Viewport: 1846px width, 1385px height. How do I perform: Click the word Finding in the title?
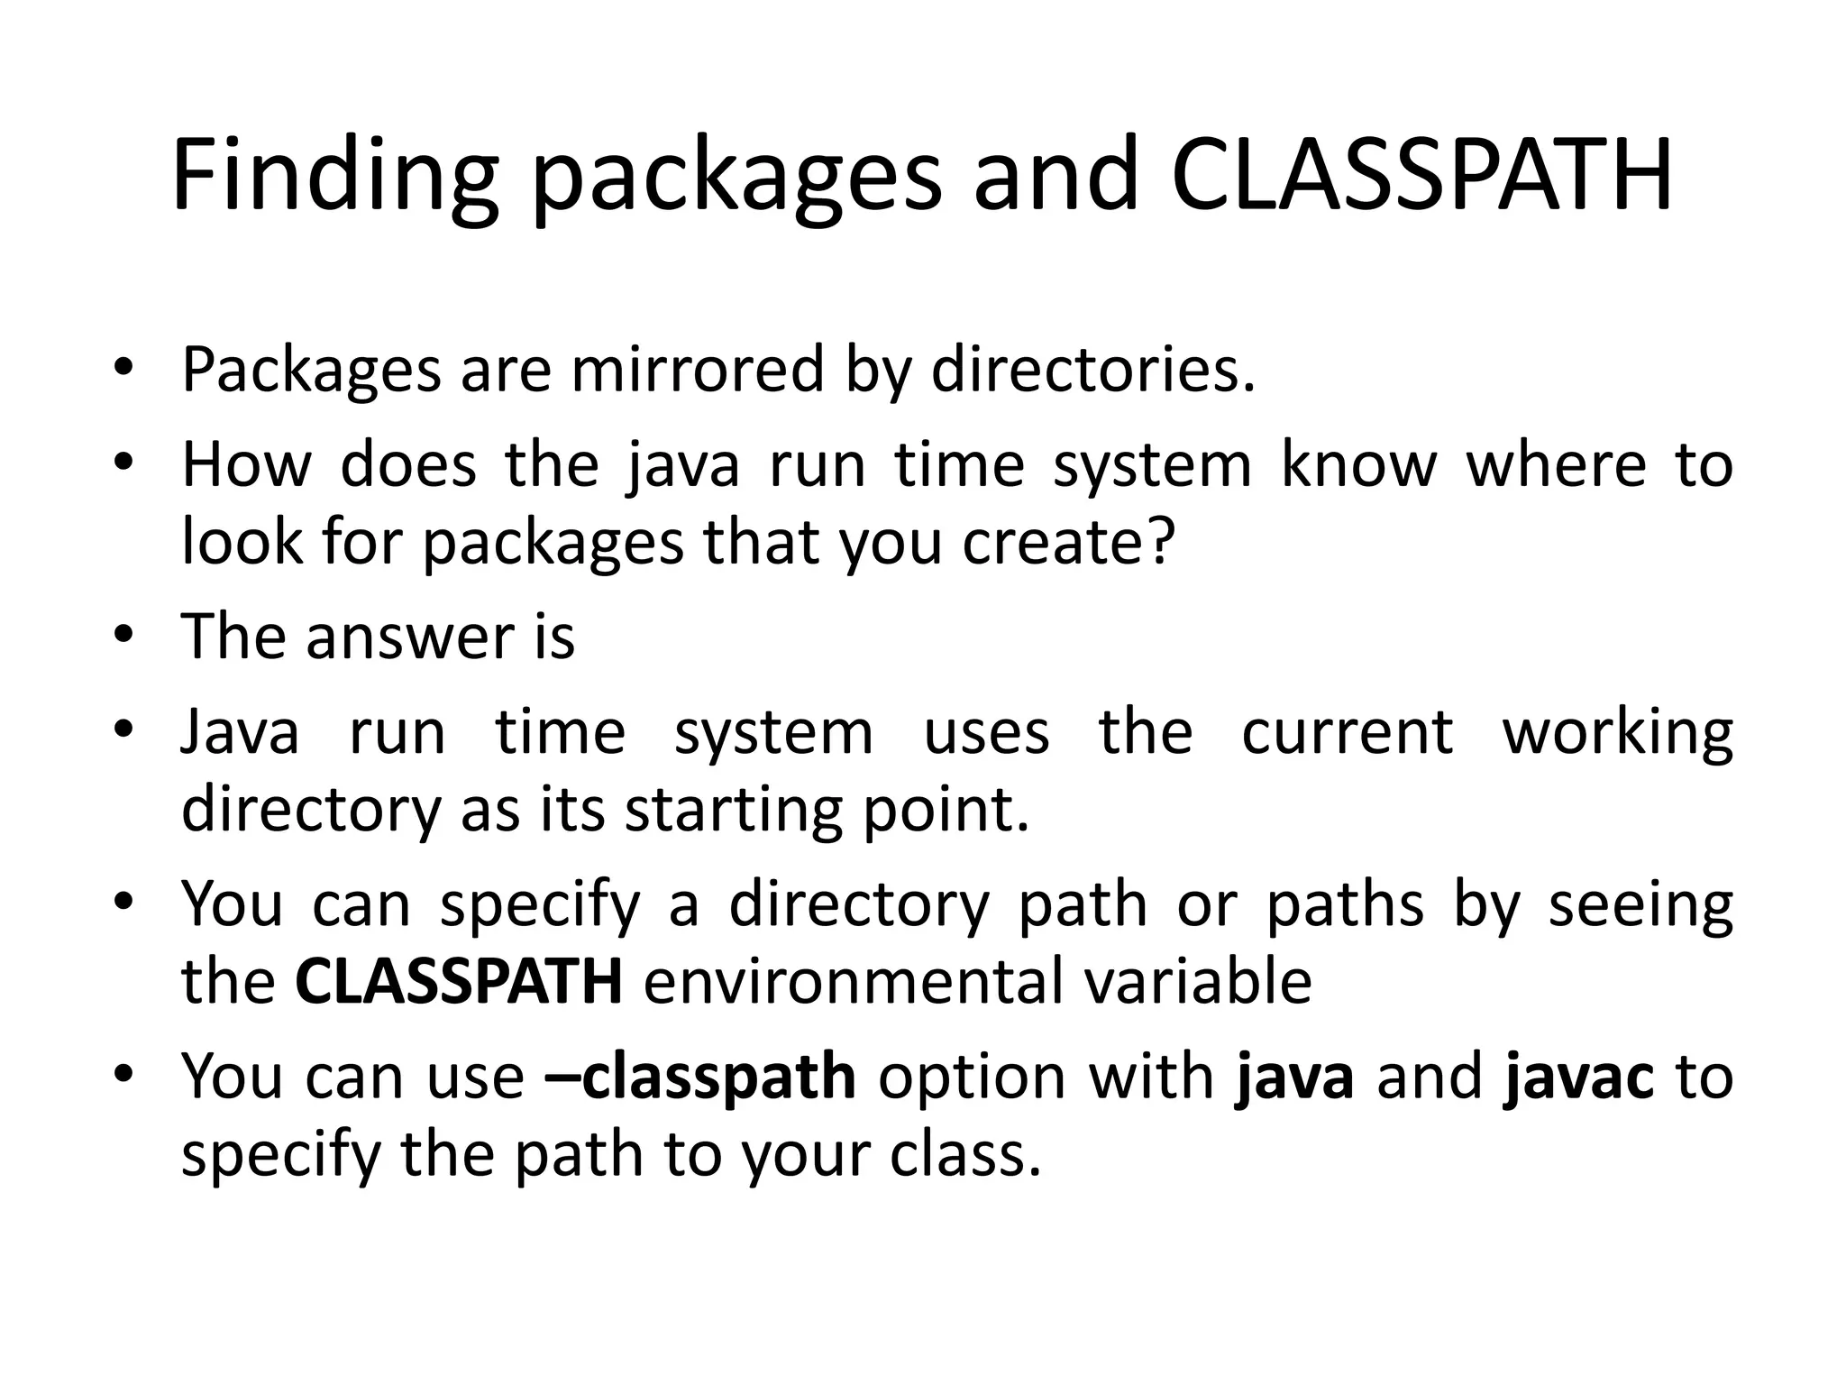334,176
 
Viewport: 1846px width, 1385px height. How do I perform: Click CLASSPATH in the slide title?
1421,176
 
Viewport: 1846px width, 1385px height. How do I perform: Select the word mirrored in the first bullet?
698,370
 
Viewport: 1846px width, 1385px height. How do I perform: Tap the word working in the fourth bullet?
1617,732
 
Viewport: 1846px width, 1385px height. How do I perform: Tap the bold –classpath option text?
700,1077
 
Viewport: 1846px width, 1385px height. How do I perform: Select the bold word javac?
1578,1077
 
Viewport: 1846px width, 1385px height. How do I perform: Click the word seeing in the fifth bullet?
1640,905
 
